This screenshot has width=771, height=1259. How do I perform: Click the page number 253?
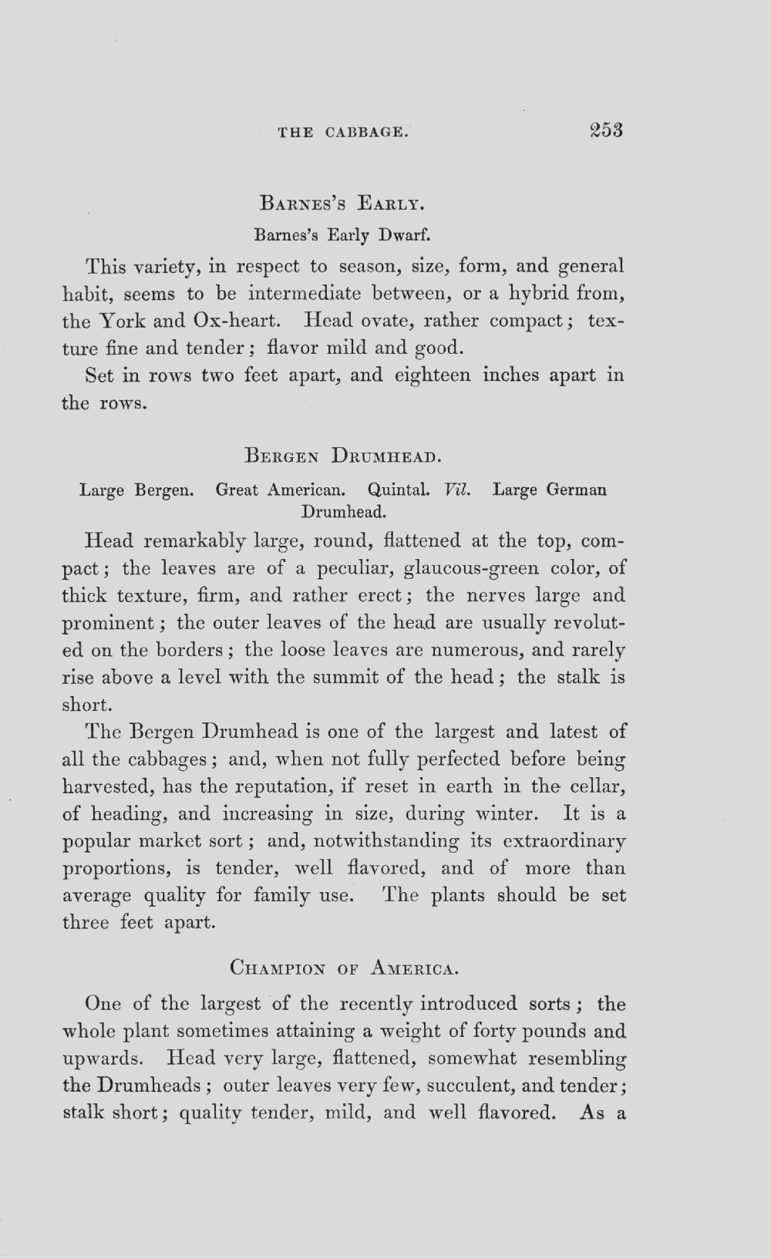tap(605, 130)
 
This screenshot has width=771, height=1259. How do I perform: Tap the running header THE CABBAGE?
tap(342, 132)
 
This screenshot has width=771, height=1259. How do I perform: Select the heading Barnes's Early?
tap(342, 204)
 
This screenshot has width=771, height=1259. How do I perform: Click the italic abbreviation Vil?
tap(457, 490)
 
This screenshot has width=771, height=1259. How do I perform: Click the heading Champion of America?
tap(345, 966)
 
